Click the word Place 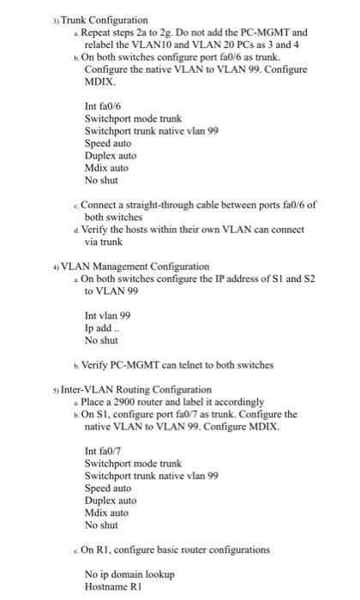tap(97, 401)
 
